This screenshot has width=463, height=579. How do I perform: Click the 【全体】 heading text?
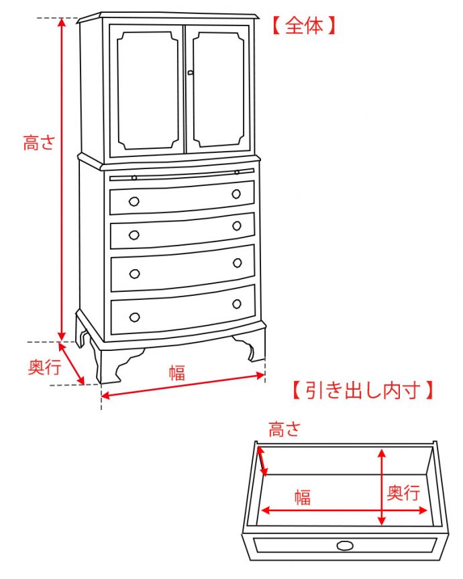click(304, 26)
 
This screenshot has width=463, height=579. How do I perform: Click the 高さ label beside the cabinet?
click(39, 143)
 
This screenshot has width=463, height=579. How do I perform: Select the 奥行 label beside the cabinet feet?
click(44, 367)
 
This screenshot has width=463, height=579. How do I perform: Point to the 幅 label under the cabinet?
click(176, 373)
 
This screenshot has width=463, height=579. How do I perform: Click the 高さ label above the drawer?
click(285, 429)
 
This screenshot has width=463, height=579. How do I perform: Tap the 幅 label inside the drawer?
click(303, 497)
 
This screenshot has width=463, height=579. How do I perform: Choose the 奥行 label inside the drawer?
click(404, 494)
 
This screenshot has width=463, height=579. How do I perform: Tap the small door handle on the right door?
click(191, 72)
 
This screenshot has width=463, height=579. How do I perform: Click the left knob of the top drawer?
click(134, 201)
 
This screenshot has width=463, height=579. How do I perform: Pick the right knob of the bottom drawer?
click(236, 304)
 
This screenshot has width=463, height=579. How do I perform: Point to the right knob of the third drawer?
click(236, 263)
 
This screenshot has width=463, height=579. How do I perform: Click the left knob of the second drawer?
click(134, 235)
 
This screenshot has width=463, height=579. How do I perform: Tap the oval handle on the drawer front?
click(345, 545)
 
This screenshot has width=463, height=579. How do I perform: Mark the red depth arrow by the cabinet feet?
click(72, 363)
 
